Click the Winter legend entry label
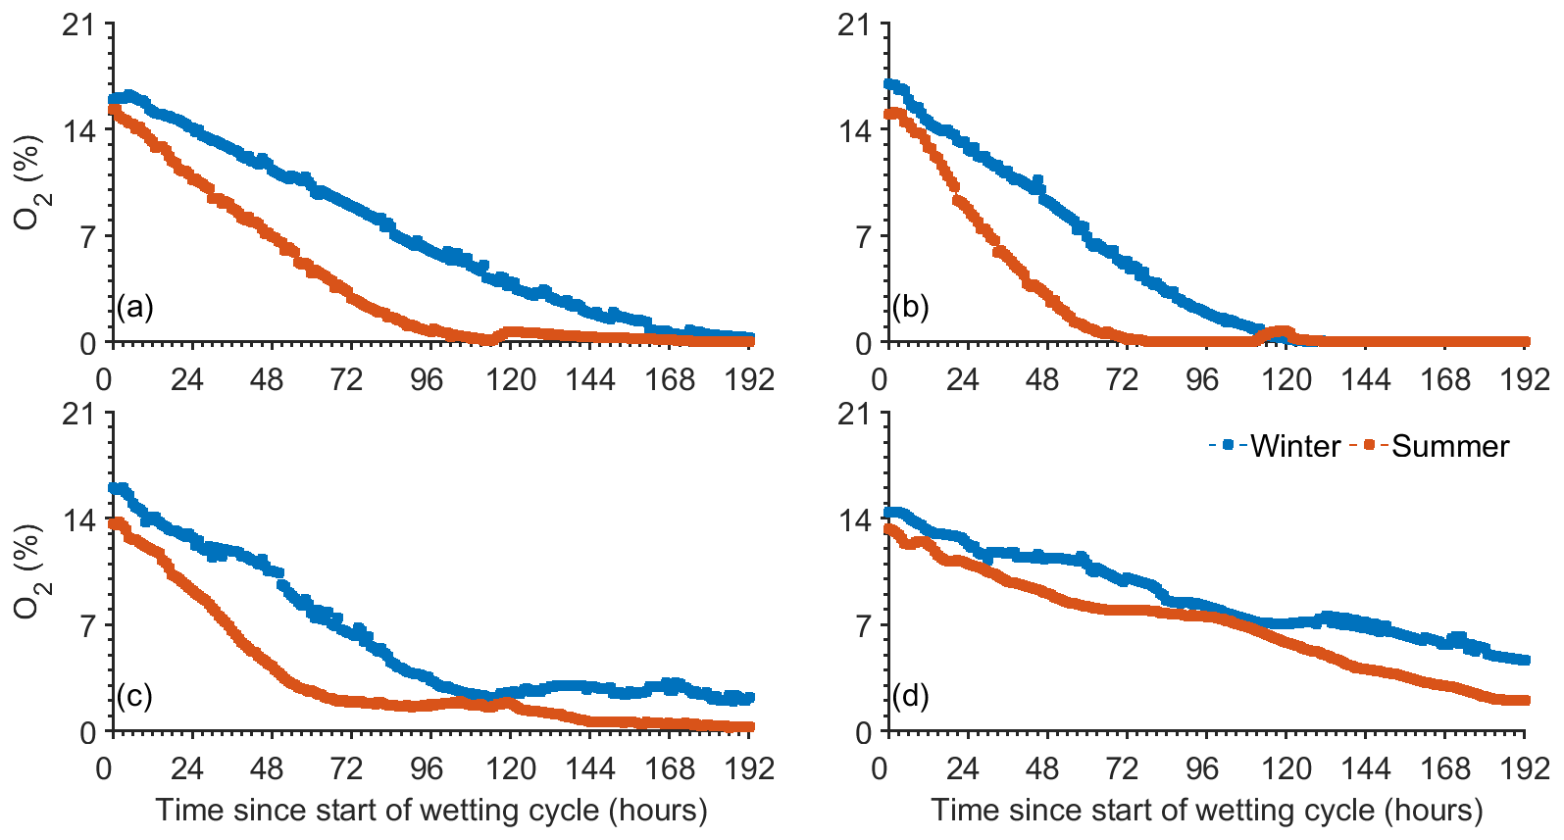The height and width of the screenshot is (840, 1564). point(1295,447)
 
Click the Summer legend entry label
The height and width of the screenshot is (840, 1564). point(1450,447)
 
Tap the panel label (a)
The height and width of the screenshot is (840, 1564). point(135,308)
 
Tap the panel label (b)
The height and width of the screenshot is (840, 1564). point(911,308)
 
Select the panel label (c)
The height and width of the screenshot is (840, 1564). point(135,697)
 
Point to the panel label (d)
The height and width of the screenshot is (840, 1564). point(911,697)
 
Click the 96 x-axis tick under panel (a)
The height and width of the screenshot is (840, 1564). point(427,379)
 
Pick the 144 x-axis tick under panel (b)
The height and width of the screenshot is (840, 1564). point(1365,379)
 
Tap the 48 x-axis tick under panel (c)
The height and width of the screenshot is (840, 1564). point(267,768)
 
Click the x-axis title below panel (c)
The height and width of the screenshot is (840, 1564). point(431,811)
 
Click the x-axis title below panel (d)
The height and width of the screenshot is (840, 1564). point(1207,811)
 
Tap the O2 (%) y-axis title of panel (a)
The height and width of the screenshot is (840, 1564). point(29,183)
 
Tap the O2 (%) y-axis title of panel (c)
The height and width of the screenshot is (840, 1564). point(29,572)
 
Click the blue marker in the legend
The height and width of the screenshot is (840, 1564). point(1229,446)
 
